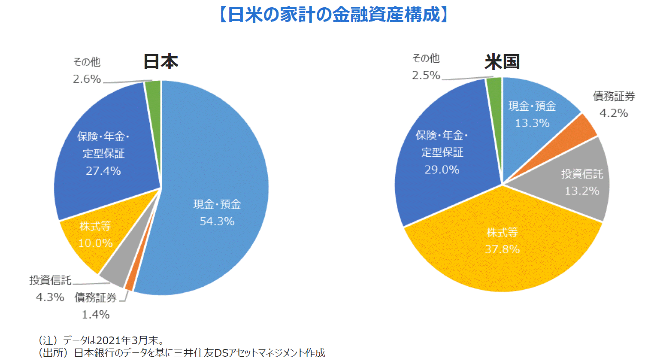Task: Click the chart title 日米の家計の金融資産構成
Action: click(x=333, y=15)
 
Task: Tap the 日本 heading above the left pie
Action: click(x=160, y=62)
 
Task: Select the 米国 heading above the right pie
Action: click(x=502, y=62)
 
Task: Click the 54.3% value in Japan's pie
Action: click(x=217, y=221)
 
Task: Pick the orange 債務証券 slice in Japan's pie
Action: click(x=129, y=284)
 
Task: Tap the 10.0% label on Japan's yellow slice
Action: click(x=95, y=243)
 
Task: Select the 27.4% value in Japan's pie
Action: click(x=103, y=171)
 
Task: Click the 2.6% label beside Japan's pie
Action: click(x=87, y=79)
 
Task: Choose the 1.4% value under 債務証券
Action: click(x=96, y=315)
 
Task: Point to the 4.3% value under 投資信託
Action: click(x=50, y=297)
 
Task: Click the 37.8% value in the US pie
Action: click(x=502, y=249)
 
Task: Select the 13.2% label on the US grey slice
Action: click(x=582, y=191)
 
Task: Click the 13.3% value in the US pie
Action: click(x=532, y=123)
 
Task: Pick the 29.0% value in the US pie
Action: click(x=442, y=170)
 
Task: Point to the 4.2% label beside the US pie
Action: click(x=614, y=113)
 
